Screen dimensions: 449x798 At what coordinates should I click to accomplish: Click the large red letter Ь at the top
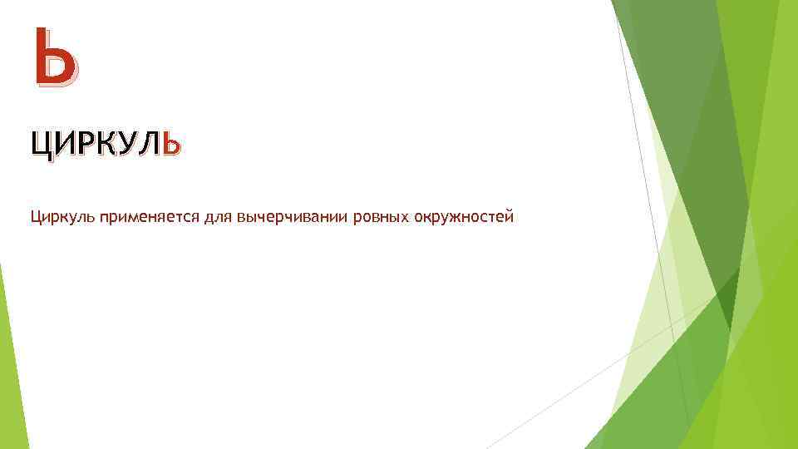[56, 57]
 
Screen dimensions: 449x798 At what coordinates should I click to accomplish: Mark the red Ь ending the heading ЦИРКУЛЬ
[170, 145]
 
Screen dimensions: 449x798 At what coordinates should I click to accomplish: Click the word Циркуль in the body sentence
[62, 218]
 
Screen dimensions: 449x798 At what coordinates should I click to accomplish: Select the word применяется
[145, 218]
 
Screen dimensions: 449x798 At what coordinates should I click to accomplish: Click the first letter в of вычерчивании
[241, 218]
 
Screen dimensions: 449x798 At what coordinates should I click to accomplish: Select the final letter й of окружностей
[510, 217]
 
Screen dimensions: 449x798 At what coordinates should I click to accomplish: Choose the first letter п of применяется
[104, 218]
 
